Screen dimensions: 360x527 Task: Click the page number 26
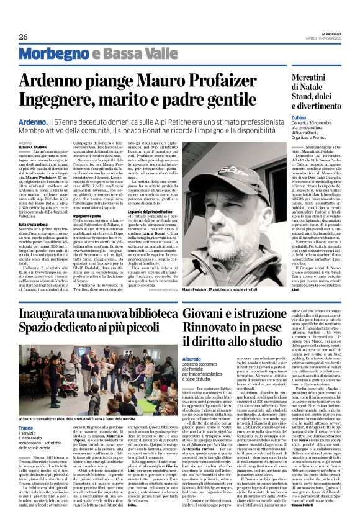pos(23,36)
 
